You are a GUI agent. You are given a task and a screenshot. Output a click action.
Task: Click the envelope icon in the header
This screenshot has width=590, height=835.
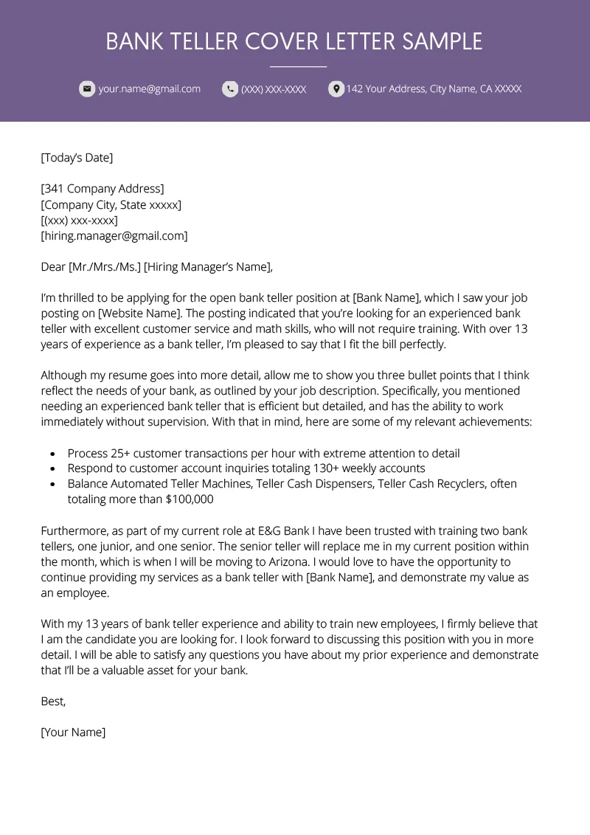coord(87,89)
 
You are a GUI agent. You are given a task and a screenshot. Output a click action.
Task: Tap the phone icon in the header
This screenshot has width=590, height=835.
coord(230,89)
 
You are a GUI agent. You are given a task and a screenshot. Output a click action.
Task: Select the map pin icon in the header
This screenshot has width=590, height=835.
coord(336,89)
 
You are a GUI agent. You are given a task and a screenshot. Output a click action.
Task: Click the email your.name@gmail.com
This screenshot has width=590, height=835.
coord(150,89)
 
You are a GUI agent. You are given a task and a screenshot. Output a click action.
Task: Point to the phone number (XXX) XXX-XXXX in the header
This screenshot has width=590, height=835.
coord(274,89)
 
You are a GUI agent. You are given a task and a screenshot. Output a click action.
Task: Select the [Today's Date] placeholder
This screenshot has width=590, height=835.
coord(77,157)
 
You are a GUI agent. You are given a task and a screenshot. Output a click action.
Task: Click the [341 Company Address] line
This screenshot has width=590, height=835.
coord(103,189)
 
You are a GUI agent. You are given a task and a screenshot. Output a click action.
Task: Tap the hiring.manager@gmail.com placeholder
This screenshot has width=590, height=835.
coord(114,236)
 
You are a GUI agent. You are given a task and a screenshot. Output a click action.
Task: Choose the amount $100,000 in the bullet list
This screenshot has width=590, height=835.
coord(188,499)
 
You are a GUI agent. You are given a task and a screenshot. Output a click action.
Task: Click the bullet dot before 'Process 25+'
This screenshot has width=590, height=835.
coord(52,454)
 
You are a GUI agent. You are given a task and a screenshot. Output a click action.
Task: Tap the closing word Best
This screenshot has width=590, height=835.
coord(53,701)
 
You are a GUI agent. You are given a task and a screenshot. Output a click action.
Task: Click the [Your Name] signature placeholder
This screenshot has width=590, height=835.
coord(74,732)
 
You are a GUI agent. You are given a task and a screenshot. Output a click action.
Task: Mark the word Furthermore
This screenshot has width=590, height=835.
coord(74,531)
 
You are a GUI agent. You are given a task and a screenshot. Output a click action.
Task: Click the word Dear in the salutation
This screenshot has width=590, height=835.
coord(53,267)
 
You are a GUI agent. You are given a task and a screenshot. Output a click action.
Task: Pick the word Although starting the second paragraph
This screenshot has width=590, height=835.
coord(68,375)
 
